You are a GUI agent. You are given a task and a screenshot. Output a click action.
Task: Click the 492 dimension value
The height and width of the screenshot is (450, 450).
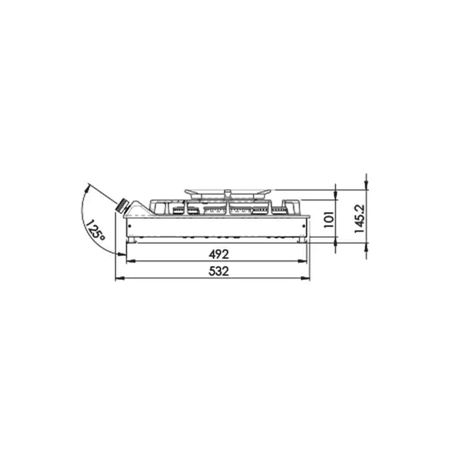(x=219, y=254)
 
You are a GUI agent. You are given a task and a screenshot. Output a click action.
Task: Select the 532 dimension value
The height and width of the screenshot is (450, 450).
(x=219, y=271)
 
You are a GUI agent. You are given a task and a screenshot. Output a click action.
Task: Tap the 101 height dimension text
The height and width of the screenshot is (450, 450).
(x=329, y=220)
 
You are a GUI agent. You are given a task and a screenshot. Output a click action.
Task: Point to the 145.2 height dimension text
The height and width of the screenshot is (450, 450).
(x=359, y=219)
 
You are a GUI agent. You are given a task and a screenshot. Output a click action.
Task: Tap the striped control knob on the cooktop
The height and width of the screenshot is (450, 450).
(x=121, y=206)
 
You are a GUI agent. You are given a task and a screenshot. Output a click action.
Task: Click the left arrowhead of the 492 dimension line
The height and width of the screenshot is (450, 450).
(x=131, y=261)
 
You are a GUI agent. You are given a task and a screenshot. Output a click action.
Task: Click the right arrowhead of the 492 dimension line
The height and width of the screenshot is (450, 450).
(x=302, y=261)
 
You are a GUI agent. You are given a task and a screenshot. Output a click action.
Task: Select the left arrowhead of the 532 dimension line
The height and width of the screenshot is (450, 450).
(x=120, y=278)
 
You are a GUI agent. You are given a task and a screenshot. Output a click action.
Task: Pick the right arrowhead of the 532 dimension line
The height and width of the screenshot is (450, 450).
(x=306, y=278)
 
